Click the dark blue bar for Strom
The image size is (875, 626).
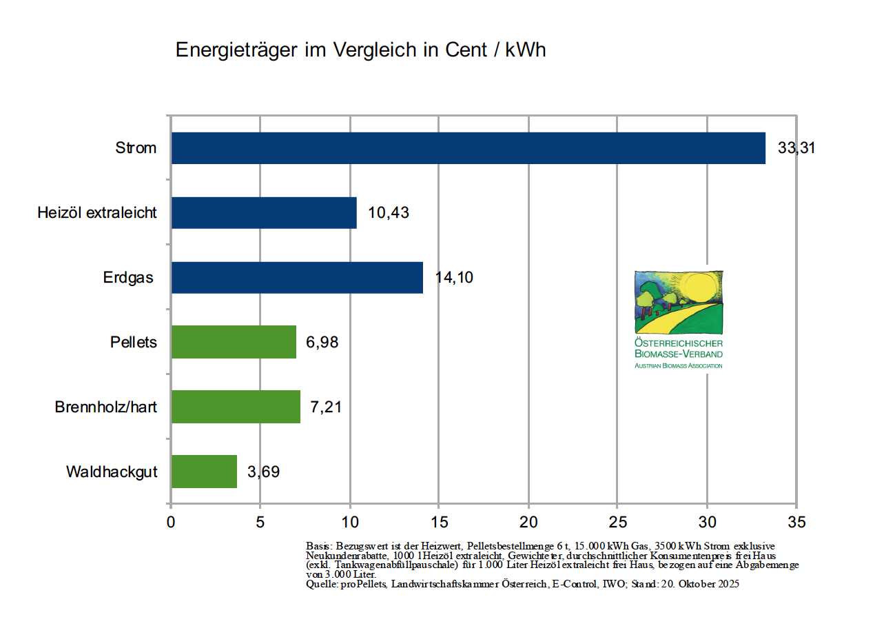[469, 148]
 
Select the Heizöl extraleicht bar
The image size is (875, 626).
[264, 212]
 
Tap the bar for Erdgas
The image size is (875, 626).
[297, 277]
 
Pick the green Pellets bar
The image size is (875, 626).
[234, 342]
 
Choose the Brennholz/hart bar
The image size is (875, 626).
[236, 407]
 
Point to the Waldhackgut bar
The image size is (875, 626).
[204, 472]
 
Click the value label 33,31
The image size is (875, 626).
[796, 148]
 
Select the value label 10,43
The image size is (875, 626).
[389, 212]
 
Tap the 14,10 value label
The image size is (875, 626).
[455, 277]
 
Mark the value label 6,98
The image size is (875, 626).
[322, 342]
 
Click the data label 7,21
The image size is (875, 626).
[326, 407]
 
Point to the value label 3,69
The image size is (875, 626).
[263, 472]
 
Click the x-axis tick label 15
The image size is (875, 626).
[439, 521]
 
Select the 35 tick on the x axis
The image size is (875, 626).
[796, 521]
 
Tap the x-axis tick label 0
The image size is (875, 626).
[171, 521]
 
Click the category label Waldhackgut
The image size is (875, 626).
[112, 472]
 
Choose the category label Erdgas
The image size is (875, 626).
[128, 278]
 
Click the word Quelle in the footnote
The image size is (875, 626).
[321, 584]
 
